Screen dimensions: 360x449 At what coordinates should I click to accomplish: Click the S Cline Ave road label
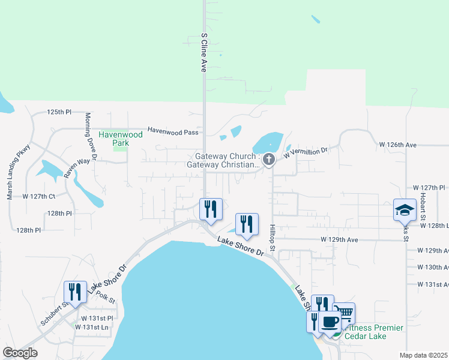pos(204,53)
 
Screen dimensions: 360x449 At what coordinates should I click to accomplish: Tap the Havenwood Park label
pos(121,139)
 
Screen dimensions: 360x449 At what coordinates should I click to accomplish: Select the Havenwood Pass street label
pos(173,131)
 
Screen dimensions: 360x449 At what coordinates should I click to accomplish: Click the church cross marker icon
pos(269,160)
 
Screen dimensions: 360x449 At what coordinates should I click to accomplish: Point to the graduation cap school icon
pos(405,210)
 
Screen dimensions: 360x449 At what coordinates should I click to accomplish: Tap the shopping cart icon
pos(344,313)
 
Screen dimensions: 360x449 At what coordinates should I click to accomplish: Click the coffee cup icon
pos(330,322)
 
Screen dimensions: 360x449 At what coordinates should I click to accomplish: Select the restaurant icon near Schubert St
pos(75,292)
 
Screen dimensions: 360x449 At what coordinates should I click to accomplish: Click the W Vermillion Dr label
pos(307,153)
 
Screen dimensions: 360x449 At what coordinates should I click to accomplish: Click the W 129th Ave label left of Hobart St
pos(339,239)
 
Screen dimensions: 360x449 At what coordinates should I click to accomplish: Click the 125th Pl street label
pos(59,112)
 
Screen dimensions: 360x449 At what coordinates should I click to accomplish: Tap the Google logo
pos(20,353)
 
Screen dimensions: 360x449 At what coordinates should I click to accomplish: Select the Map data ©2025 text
pos(423,355)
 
